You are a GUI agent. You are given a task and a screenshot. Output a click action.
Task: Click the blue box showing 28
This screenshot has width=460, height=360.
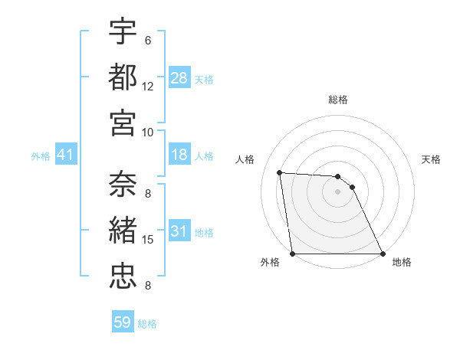pos(179,78)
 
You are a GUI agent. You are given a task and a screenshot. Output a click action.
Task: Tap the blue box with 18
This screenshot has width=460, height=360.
pos(179,155)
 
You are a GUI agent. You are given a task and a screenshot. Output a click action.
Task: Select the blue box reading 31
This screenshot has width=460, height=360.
pos(179,232)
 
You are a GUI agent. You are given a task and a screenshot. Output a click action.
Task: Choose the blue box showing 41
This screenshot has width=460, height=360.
pos(65,155)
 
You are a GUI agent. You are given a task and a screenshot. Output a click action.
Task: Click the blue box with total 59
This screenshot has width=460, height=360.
pos(123,322)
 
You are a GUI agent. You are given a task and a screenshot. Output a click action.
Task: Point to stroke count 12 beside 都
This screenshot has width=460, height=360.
pos(148,86)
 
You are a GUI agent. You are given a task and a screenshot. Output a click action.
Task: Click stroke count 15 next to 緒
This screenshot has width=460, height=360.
pos(148,240)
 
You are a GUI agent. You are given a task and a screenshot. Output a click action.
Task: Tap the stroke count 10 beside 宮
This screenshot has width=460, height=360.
pos(148,131)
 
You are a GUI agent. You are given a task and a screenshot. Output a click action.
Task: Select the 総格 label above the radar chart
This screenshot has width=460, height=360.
pos(338,100)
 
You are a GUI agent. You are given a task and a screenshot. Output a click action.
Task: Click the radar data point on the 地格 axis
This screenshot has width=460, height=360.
pos(383,254)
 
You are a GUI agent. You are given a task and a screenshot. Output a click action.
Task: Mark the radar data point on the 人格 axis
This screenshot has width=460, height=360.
pos(280,172)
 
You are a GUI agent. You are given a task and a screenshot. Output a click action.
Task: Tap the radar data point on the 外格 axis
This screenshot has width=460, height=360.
pos(293,254)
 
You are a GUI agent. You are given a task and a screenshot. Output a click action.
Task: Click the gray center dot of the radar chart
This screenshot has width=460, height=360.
pos(338,191)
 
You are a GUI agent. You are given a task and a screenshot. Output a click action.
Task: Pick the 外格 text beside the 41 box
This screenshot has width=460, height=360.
pos(41,156)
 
